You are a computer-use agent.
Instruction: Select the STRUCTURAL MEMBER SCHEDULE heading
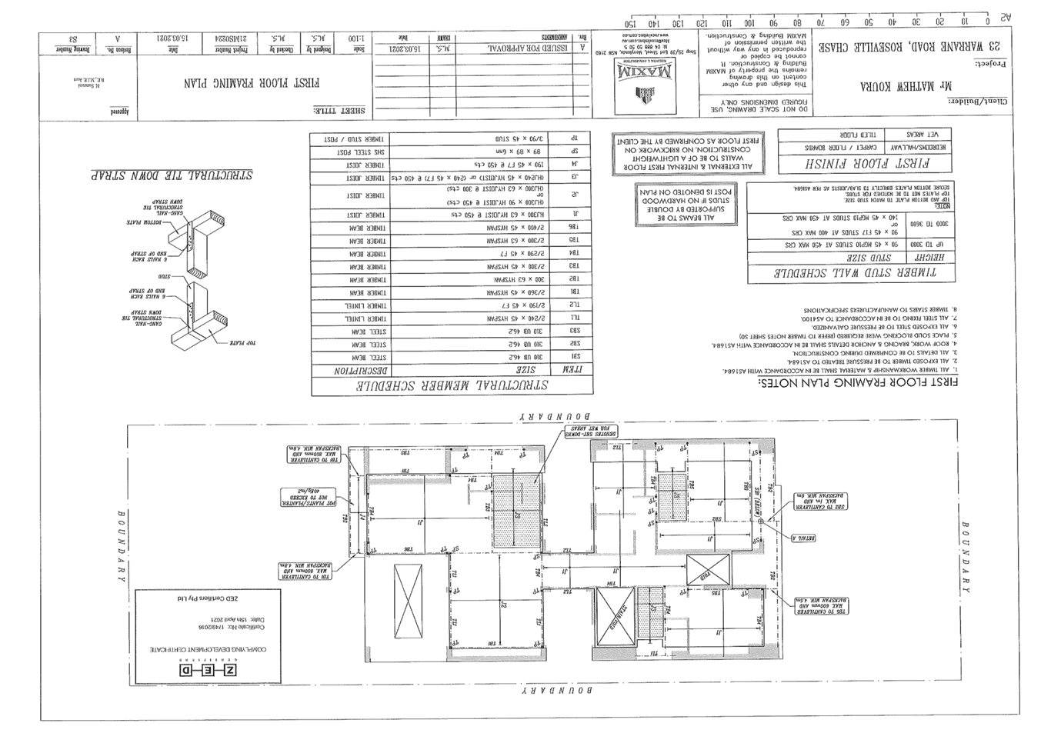451,386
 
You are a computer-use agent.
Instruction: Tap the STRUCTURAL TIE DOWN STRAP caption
171,175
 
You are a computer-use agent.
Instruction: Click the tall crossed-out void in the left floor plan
407,601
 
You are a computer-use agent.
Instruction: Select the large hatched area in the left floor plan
516,511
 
